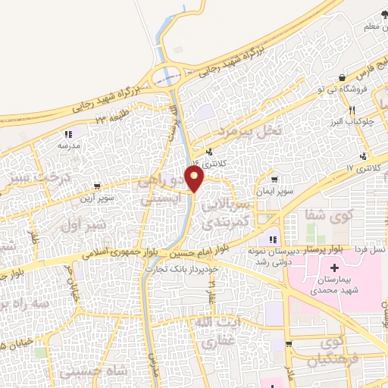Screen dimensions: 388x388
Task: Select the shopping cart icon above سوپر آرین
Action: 96,186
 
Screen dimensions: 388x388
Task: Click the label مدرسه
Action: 67,146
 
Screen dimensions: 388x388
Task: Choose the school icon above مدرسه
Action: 67,135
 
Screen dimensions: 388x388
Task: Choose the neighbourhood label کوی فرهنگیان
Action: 340,354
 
